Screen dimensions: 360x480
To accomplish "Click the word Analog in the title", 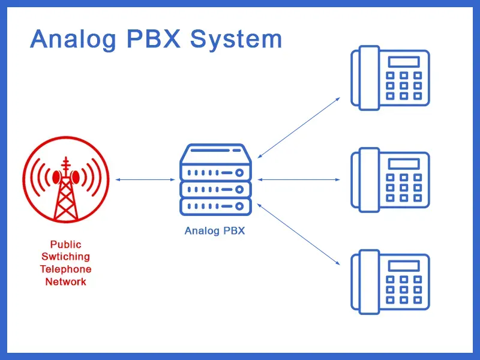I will pos(73,40).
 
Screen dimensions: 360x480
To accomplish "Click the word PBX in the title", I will pos(153,40).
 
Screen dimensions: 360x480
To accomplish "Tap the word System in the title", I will pos(236,40).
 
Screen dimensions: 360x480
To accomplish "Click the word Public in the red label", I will pos(66,244).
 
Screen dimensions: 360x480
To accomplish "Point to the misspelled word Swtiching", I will pos(66,257).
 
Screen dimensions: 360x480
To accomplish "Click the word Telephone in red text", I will pos(66,269).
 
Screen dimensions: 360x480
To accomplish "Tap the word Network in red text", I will pos(66,281).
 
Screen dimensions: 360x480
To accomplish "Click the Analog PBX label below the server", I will pos(215,230).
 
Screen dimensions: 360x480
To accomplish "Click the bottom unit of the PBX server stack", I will pos(215,206).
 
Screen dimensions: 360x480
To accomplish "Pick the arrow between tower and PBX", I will pos(145,179).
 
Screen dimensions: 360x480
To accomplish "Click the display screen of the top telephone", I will pos(404,62).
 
